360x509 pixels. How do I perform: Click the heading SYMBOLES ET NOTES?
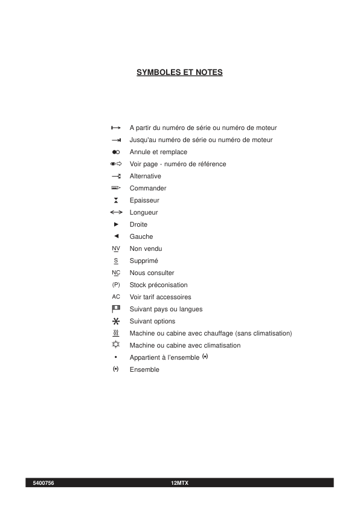(179, 73)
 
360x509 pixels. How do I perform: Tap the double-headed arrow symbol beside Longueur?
(117, 212)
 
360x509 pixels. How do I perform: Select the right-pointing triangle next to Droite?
(116, 224)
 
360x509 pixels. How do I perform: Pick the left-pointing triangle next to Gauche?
(116, 236)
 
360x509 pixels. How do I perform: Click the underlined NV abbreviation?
(116, 248)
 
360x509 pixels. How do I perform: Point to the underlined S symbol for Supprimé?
(116, 261)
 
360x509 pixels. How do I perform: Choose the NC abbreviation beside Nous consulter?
(116, 273)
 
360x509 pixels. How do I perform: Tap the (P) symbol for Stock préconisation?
(116, 285)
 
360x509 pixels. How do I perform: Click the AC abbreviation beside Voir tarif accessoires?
(116, 297)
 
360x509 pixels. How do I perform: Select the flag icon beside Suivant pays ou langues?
(116, 309)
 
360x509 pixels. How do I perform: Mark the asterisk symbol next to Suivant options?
(116, 321)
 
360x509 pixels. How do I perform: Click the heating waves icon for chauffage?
(116, 333)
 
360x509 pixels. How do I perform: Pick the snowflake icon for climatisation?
(116, 345)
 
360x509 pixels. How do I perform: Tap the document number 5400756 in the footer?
(43, 483)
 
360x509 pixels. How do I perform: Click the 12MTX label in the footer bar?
(180, 483)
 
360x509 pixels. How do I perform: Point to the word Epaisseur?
(144, 200)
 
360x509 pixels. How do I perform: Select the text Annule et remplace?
(158, 152)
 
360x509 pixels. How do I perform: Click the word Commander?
(148, 188)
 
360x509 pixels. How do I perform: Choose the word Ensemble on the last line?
(144, 369)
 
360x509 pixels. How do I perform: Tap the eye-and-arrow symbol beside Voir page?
(116, 164)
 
